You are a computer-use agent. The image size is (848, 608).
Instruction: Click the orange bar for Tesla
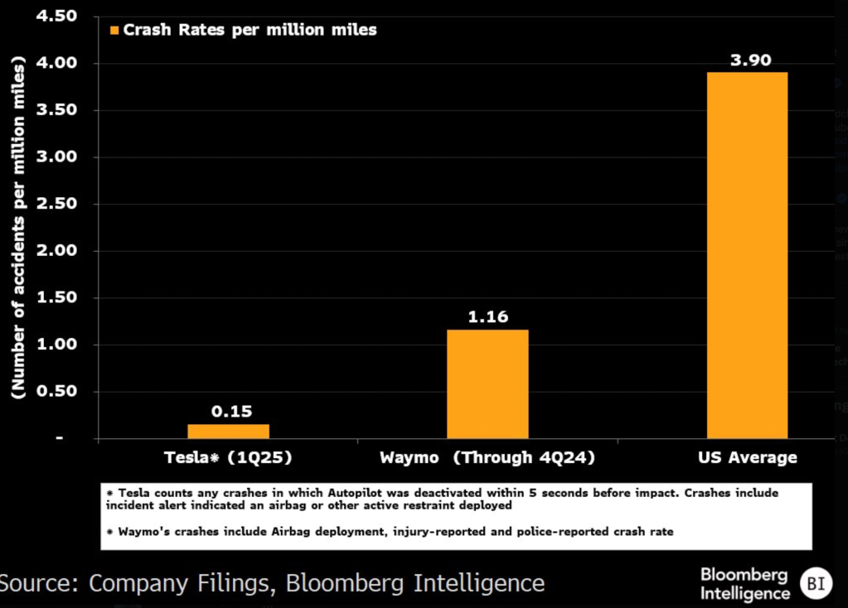[x=228, y=431]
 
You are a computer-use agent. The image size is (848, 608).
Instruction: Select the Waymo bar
[x=487, y=384]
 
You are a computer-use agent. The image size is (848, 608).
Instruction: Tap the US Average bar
[x=747, y=255]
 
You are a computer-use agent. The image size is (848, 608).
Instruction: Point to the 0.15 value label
[x=231, y=411]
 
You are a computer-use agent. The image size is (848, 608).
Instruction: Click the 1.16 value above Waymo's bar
[x=487, y=316]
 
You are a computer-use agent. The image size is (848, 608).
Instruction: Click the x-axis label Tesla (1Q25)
[x=228, y=457]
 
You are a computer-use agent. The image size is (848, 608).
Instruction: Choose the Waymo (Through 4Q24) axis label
[x=487, y=457]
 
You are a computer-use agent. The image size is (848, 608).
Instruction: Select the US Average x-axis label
[x=747, y=457]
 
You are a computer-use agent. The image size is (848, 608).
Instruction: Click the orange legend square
[x=114, y=30]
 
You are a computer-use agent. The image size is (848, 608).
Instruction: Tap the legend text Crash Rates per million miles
[x=250, y=30]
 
